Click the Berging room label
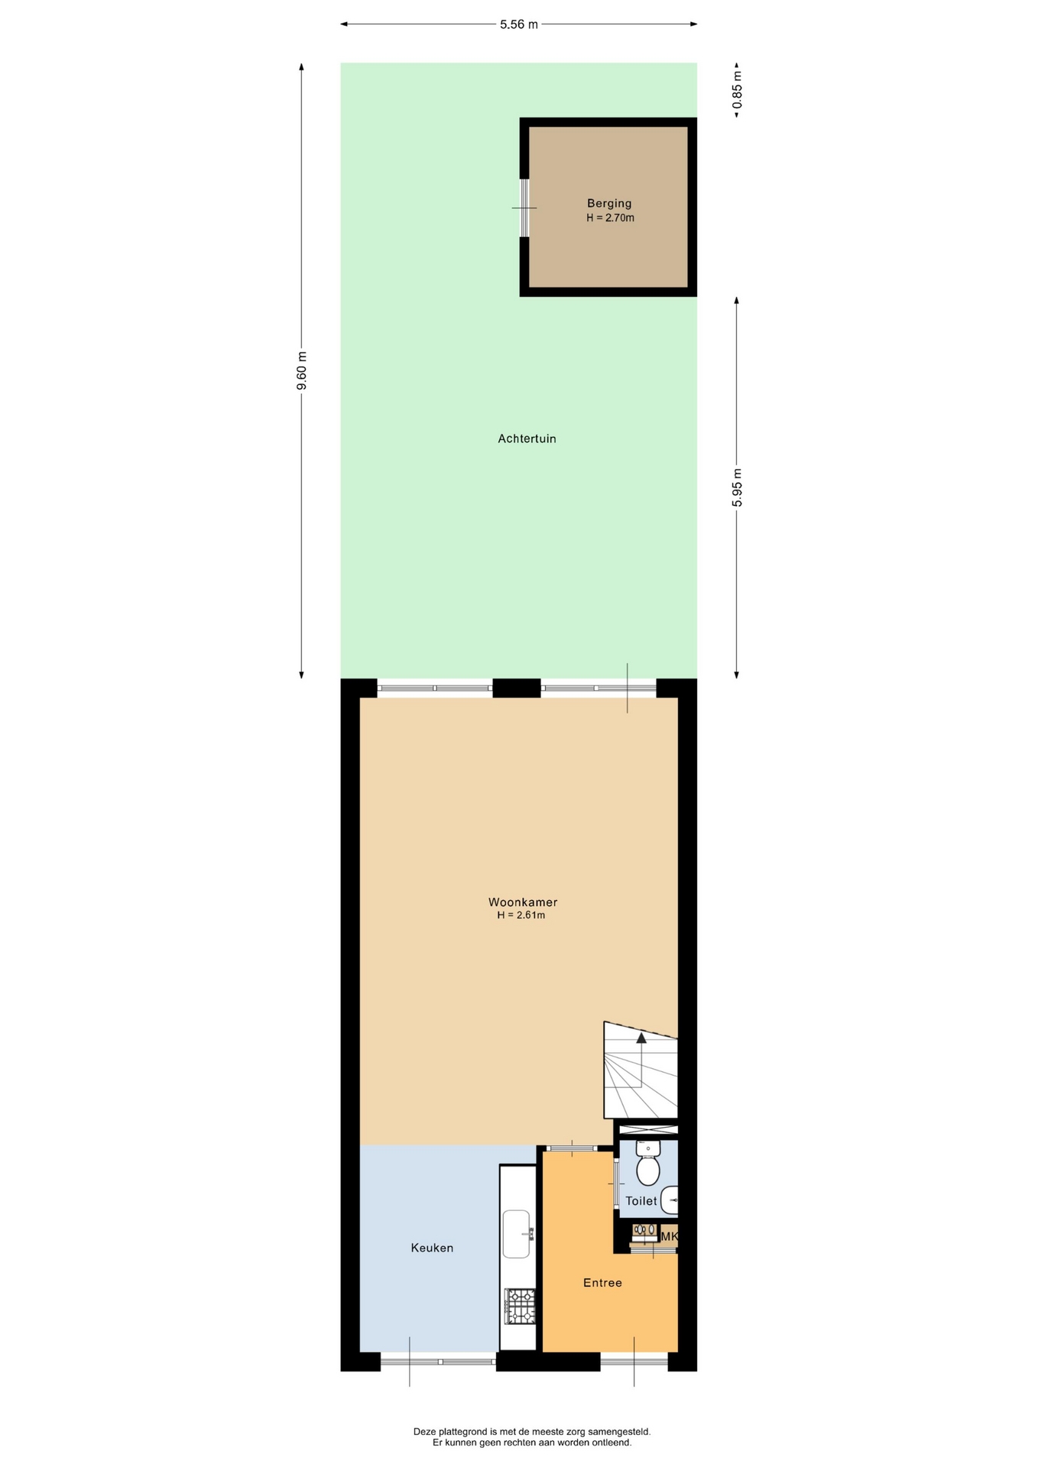(x=609, y=203)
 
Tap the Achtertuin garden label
(x=527, y=439)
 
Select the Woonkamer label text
(x=523, y=902)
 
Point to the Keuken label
(x=432, y=1248)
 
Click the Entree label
(x=602, y=1283)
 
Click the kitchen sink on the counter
(x=517, y=1234)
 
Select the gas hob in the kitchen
(x=519, y=1307)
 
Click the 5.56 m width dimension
(x=519, y=24)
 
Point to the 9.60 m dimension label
(x=302, y=371)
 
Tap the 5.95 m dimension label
(x=737, y=487)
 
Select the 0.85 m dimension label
(x=737, y=90)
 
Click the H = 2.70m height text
(x=610, y=218)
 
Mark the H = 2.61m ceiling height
(x=521, y=915)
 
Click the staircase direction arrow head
(x=641, y=1038)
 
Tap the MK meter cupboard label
(x=669, y=1236)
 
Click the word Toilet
(x=641, y=1201)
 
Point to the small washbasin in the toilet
(x=669, y=1200)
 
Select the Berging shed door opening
(x=524, y=208)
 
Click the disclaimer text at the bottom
(x=532, y=1437)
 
